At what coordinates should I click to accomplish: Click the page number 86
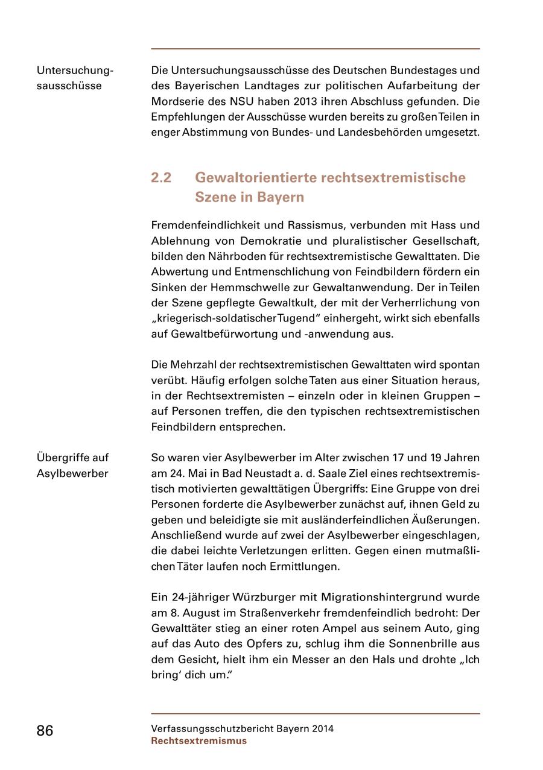45,731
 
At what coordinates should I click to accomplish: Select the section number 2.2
161,178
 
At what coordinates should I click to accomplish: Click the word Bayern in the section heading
281,197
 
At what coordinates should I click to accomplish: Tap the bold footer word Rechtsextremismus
198,741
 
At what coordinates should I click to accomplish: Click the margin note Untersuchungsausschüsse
74,78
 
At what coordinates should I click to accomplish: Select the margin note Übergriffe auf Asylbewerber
72,465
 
